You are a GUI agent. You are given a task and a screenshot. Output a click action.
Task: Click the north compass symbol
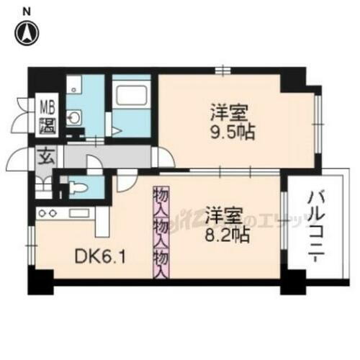[x=28, y=32]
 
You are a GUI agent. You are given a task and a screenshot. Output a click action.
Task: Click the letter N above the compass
[x=27, y=10]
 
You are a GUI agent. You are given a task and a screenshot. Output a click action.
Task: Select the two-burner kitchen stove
[x=48, y=212]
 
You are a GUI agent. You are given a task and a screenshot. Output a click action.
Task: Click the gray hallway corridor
[x=108, y=156]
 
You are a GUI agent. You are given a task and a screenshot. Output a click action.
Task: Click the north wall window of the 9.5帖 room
[x=225, y=71]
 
